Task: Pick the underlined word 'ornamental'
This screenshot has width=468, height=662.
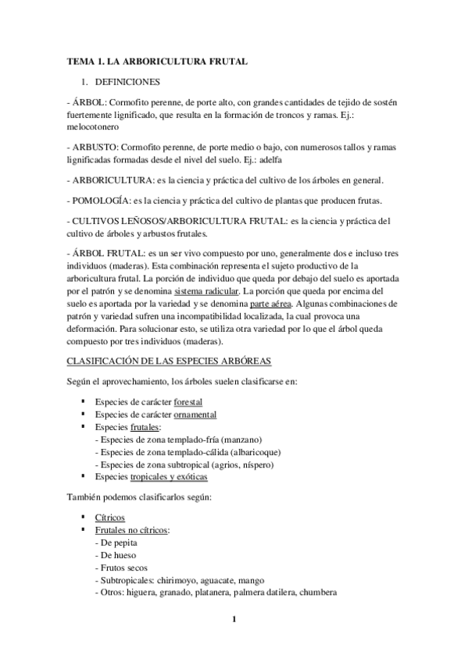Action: (195, 415)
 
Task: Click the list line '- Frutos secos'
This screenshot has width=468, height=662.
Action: (120, 568)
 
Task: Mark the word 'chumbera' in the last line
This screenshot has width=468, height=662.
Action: (318, 592)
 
